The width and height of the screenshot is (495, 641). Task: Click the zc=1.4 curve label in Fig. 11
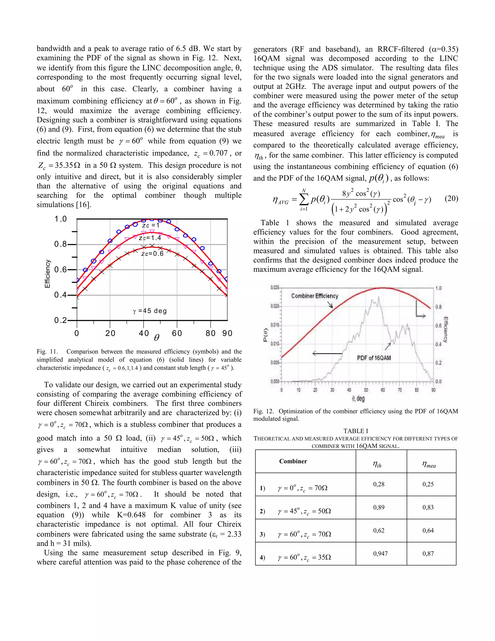150,238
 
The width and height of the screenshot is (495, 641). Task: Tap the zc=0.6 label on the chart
152,253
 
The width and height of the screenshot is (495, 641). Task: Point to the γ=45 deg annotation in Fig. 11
150,311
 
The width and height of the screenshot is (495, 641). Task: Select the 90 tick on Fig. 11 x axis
227,333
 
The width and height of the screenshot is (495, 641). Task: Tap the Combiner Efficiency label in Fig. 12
315,296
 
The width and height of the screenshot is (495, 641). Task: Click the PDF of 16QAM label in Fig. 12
374,358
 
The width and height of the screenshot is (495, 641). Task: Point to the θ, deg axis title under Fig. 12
358,398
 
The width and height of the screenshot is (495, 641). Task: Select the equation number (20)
451,199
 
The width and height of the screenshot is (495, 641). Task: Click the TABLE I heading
356,431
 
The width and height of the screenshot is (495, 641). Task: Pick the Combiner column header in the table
293,461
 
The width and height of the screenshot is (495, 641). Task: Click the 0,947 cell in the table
380,553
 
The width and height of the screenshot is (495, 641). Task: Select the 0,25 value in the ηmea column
428,484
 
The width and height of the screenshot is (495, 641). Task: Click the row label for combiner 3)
262,534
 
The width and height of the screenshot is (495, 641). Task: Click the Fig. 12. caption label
263,411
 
